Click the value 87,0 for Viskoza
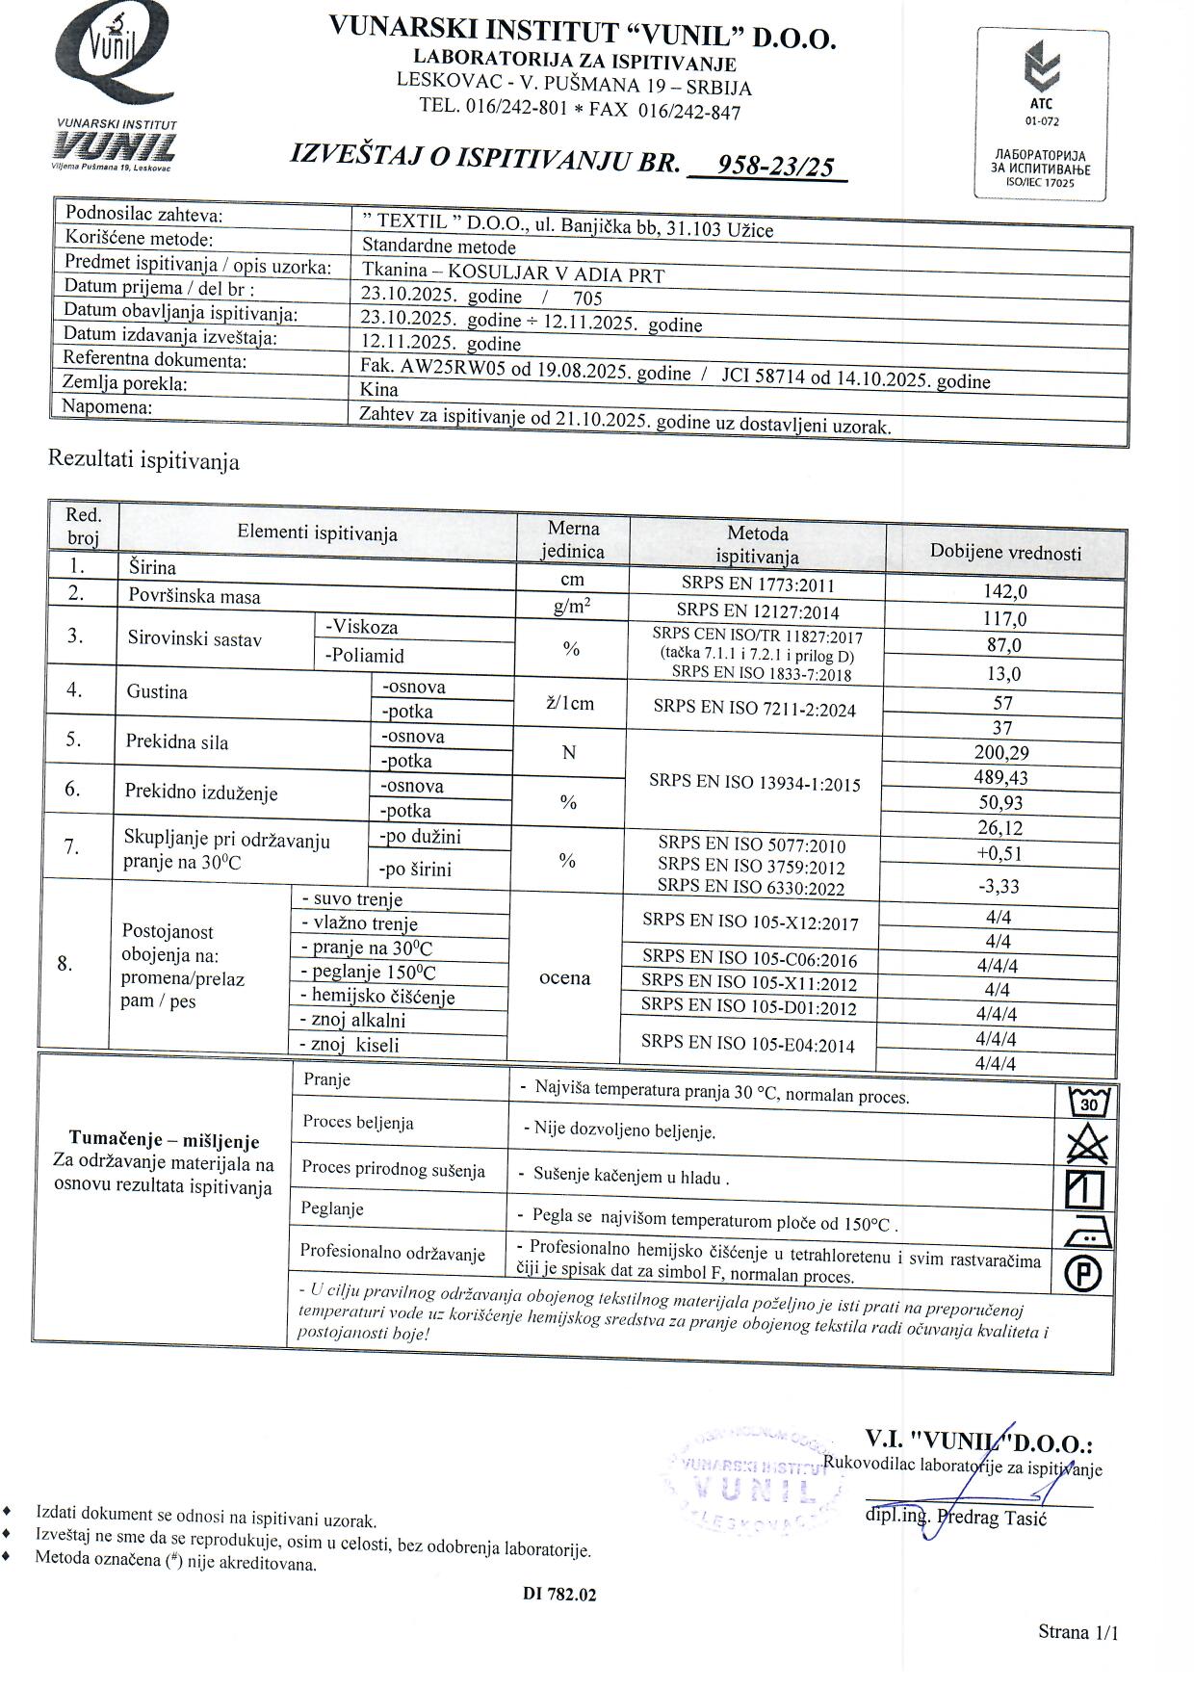point(1003,645)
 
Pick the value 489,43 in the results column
point(1001,777)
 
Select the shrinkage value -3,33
point(999,886)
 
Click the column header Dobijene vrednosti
point(1005,552)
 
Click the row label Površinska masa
point(195,596)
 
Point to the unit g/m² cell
point(572,607)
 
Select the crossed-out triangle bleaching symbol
point(1087,1145)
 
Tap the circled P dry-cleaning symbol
point(1084,1275)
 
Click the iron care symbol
point(1086,1232)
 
